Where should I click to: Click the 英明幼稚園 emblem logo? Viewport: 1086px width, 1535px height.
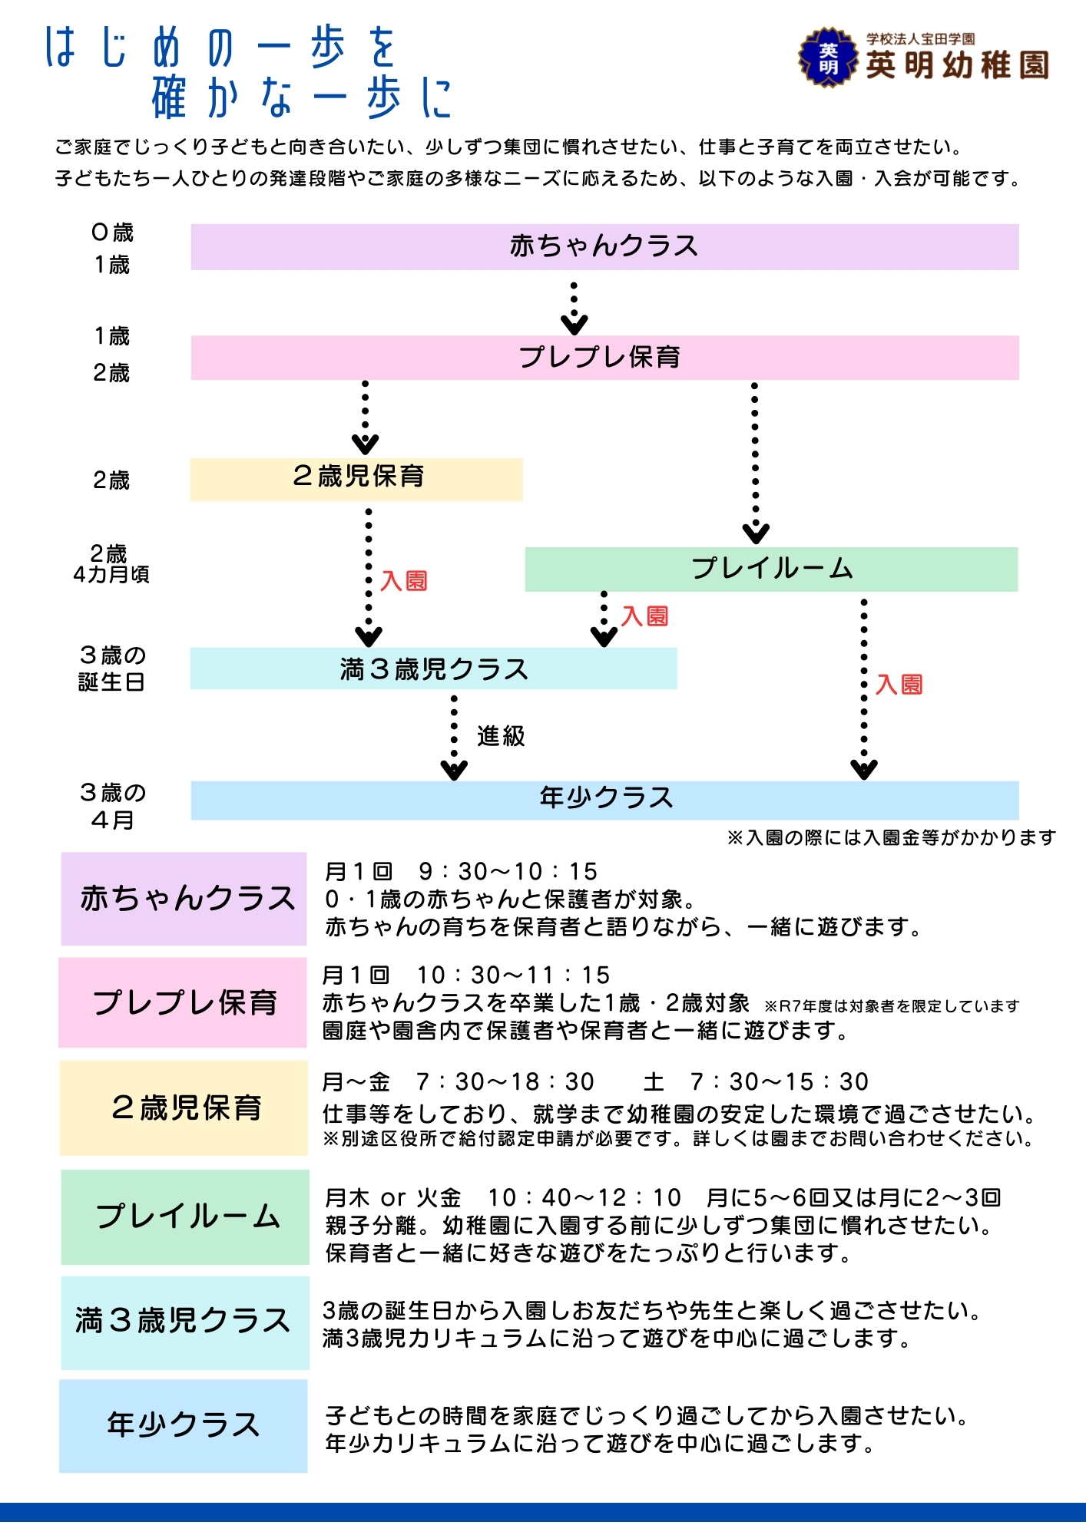(827, 58)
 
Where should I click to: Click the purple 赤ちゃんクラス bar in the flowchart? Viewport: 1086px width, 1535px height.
(604, 246)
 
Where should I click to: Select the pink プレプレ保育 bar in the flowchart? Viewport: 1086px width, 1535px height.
(604, 358)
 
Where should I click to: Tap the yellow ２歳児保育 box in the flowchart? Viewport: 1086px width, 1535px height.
(356, 479)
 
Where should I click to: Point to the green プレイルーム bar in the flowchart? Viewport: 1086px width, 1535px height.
(771, 569)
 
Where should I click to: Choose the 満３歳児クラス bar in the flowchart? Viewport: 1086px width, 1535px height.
(433, 668)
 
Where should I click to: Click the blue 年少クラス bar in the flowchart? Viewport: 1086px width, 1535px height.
(604, 800)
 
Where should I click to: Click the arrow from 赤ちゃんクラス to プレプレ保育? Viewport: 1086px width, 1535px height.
(574, 307)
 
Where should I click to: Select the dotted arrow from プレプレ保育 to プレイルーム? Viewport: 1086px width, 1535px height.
(755, 460)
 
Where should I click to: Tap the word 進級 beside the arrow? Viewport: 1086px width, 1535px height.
(501, 736)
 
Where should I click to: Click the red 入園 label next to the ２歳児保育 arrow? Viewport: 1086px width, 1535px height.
(404, 581)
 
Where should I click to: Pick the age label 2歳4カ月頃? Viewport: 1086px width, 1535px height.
(111, 564)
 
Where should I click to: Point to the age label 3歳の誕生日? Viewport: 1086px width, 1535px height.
(112, 668)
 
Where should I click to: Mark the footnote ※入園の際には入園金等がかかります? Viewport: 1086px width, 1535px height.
(891, 837)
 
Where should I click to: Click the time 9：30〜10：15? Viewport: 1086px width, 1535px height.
(508, 872)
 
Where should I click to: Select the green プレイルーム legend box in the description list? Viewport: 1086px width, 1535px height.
(184, 1216)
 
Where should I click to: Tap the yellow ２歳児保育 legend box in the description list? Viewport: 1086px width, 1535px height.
(184, 1108)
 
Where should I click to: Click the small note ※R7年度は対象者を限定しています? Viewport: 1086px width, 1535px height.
(891, 1006)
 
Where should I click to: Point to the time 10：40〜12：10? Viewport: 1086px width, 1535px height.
(584, 1197)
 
